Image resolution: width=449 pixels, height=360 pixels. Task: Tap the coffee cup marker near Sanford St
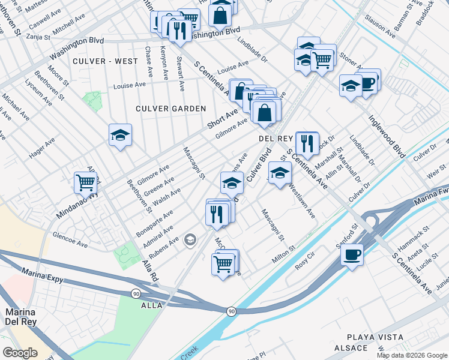point(352,254)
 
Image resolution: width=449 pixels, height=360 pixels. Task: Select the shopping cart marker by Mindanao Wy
point(85,182)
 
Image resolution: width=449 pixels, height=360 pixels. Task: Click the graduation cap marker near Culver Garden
point(120,136)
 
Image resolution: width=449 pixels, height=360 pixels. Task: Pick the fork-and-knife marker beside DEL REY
point(307,143)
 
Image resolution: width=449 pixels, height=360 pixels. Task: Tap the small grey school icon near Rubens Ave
point(190,241)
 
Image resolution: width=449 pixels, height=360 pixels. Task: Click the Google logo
point(20,353)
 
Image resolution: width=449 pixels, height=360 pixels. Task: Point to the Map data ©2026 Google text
point(412,355)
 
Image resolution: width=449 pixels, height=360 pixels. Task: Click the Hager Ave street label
point(42,148)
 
